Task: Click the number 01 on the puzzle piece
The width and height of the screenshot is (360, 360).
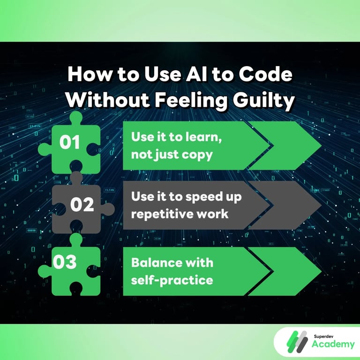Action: click(x=70, y=142)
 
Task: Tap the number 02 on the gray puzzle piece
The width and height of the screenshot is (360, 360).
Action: click(x=82, y=205)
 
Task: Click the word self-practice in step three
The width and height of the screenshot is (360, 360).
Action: click(x=172, y=280)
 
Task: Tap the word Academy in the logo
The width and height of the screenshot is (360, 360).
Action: click(x=333, y=345)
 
